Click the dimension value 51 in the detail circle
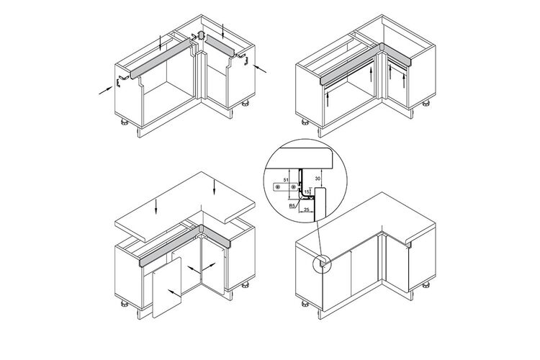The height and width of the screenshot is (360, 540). [x=285, y=180]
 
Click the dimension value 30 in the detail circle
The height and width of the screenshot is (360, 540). [x=318, y=178]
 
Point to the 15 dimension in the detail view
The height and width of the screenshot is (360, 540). [x=307, y=191]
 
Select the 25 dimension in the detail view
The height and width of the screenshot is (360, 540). [x=307, y=209]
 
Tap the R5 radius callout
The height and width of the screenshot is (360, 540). [x=292, y=206]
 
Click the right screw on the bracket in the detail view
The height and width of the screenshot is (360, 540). [x=293, y=187]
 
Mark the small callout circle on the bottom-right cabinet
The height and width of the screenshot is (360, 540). [x=322, y=264]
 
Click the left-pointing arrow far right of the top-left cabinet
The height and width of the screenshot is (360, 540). [x=260, y=69]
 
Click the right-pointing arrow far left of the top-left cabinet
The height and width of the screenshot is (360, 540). [x=106, y=90]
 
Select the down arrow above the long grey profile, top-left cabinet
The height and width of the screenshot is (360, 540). [x=161, y=42]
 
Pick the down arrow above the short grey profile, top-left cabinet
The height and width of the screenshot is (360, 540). [x=223, y=31]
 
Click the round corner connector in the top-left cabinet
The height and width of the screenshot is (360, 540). [x=202, y=35]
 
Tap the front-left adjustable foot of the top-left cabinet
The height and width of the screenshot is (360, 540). [x=125, y=122]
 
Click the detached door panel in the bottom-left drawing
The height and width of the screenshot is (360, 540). [x=167, y=288]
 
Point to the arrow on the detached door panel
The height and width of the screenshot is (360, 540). [x=174, y=293]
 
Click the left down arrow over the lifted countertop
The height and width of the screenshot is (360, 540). [x=156, y=206]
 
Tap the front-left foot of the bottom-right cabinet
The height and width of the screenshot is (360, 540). [x=305, y=304]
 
